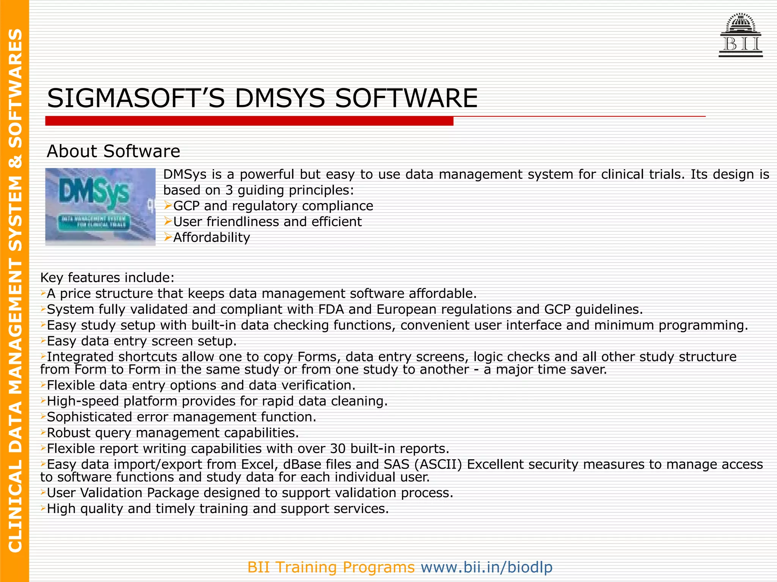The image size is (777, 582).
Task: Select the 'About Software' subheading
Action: [113, 151]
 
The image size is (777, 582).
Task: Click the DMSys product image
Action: [100, 207]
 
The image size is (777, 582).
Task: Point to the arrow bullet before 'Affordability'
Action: [168, 238]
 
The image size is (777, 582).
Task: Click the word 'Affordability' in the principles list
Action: [212, 238]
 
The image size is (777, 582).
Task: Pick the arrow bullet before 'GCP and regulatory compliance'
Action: [168, 206]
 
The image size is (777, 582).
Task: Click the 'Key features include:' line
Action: [107, 278]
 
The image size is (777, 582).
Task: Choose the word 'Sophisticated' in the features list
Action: [89, 417]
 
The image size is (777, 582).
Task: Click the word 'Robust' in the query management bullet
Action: [69, 433]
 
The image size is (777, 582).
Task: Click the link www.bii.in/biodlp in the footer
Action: [486, 567]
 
